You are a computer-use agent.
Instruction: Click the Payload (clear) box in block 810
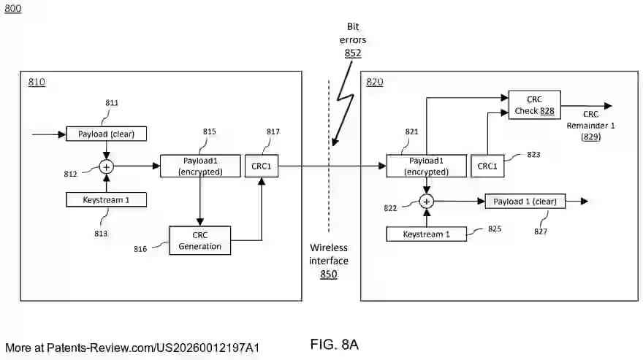pyautogui.click(x=106, y=134)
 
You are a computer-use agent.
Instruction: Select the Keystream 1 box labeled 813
pyautogui.click(x=106, y=199)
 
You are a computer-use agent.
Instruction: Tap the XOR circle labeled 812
pyautogui.click(x=107, y=166)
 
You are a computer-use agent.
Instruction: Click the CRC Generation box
pyautogui.click(x=200, y=240)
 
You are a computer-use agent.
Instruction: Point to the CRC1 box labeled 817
pyautogui.click(x=261, y=166)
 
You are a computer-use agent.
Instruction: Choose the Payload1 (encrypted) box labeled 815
pyautogui.click(x=200, y=166)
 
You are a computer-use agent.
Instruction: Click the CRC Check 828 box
pyautogui.click(x=533, y=104)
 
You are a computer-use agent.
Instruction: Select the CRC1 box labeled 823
pyautogui.click(x=487, y=166)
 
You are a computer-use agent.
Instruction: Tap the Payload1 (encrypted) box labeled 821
pyautogui.click(x=426, y=166)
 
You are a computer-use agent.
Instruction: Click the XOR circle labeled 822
pyautogui.click(x=427, y=201)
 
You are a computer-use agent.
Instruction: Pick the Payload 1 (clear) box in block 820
pyautogui.click(x=525, y=201)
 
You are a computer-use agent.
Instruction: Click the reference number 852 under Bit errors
pyautogui.click(x=353, y=53)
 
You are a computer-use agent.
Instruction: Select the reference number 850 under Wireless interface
pyautogui.click(x=329, y=275)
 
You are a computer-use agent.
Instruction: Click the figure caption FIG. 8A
pyautogui.click(x=335, y=345)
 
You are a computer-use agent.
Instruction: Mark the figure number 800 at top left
pyautogui.click(x=13, y=9)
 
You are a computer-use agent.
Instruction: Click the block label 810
pyautogui.click(x=37, y=82)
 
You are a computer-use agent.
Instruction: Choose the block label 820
pyautogui.click(x=374, y=82)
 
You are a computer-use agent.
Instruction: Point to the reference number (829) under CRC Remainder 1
pyautogui.click(x=590, y=137)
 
